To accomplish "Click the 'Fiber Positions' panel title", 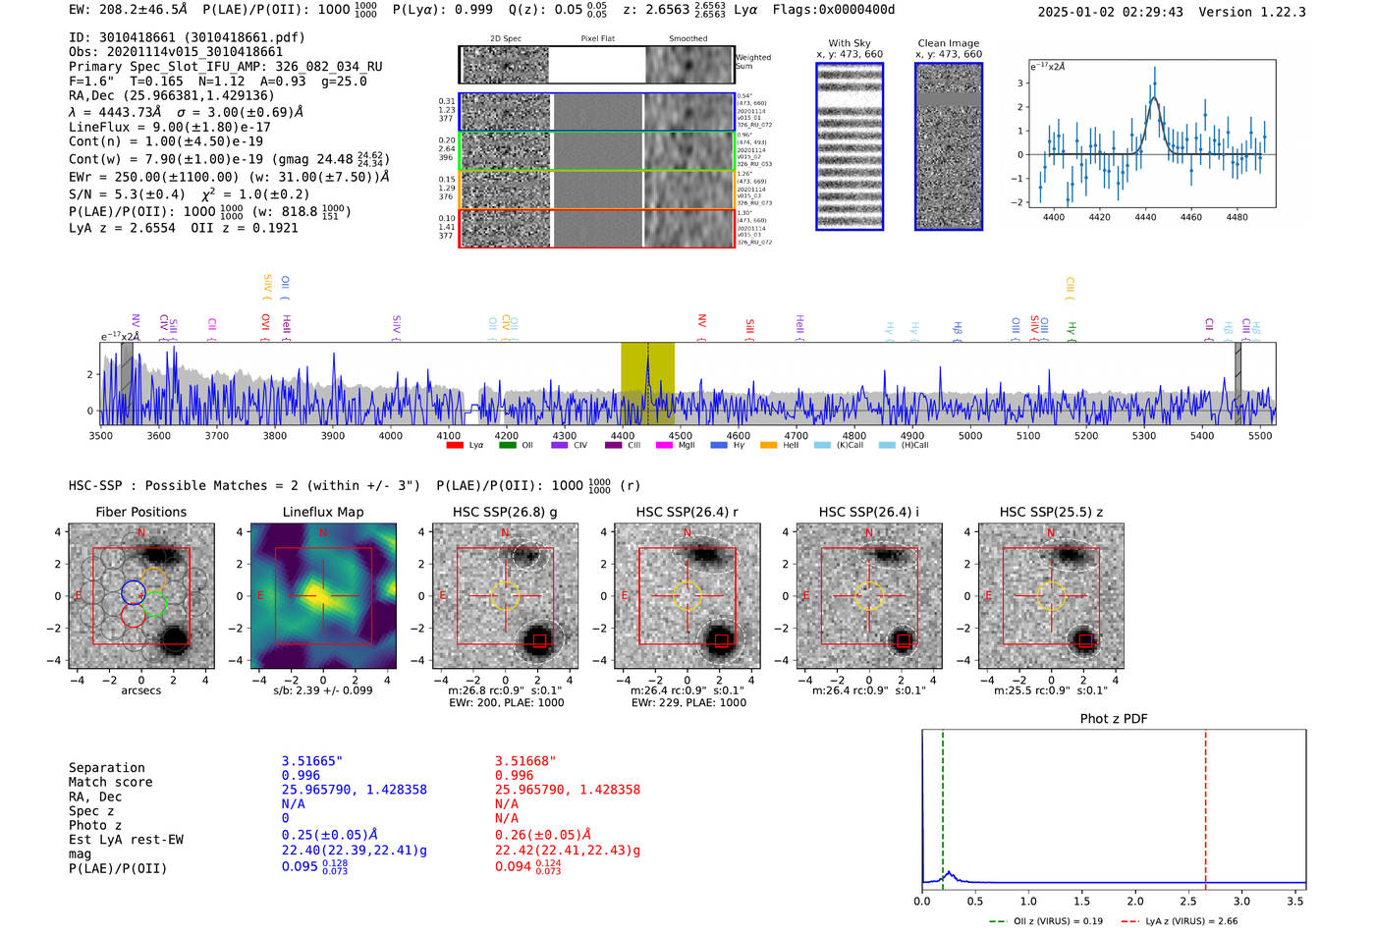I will (140, 512).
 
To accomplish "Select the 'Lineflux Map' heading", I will (323, 512).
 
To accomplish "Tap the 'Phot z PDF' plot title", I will (1114, 718).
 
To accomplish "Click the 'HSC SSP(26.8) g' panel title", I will (505, 512).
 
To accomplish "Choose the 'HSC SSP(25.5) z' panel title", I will (1051, 512).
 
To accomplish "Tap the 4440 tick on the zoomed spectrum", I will (1145, 217).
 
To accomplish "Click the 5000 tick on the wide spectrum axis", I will (970, 435).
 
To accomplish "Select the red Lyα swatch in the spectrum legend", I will (455, 446).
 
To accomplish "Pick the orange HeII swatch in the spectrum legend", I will (768, 446).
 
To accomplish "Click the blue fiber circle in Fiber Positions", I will (134, 592).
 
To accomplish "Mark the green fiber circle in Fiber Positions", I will (154, 606).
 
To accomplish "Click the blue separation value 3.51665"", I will (312, 761).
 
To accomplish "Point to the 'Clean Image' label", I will (948, 43).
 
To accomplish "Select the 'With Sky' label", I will (850, 43).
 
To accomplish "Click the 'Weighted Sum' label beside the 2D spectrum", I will (753, 62).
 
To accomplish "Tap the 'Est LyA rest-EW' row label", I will (126, 840).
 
